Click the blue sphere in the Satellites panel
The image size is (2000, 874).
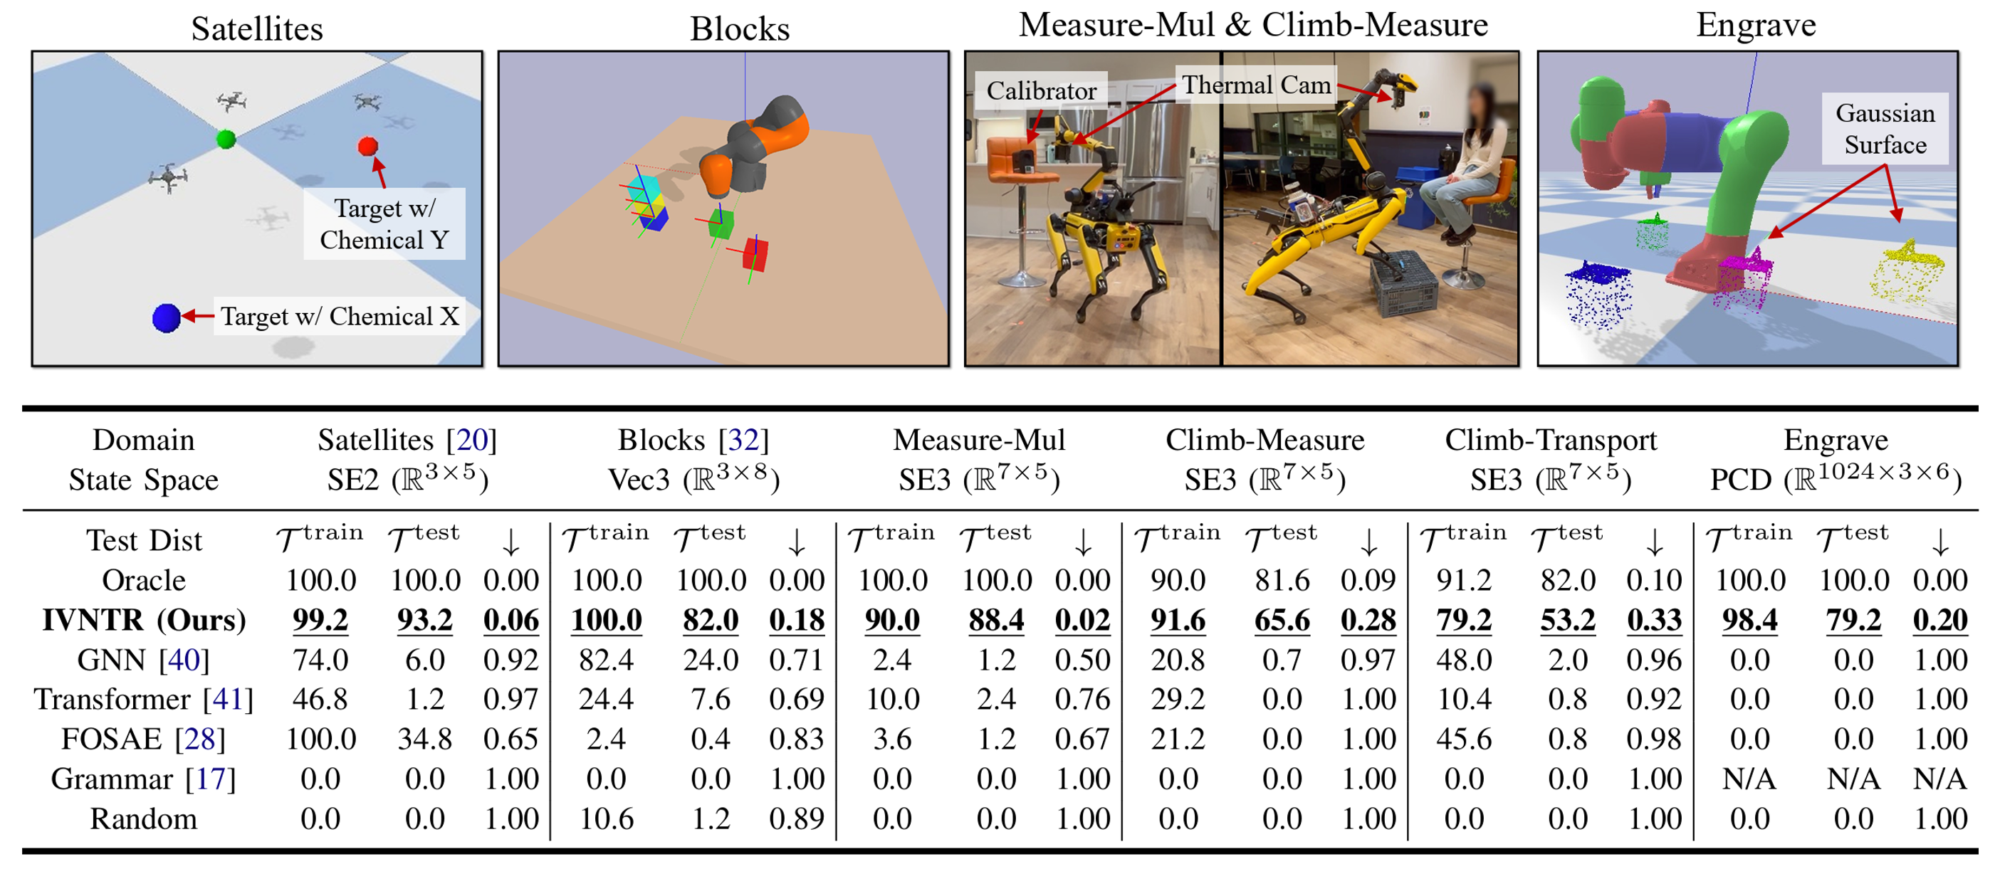[166, 317]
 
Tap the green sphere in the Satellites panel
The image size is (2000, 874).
[226, 139]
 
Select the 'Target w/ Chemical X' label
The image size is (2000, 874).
[340, 317]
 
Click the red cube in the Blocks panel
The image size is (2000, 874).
[755, 254]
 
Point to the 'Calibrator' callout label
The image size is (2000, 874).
[1040, 91]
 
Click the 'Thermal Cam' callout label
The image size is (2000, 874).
[1255, 85]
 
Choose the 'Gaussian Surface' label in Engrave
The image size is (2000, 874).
[1885, 129]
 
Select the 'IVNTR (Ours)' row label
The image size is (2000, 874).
[144, 620]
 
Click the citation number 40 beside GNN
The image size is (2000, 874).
[184, 660]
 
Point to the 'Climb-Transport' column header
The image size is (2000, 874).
[1551, 440]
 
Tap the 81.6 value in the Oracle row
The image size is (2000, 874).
[1282, 581]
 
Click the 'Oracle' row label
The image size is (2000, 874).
[144, 581]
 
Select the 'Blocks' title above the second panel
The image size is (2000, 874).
[739, 29]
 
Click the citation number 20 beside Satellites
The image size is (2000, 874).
[471, 440]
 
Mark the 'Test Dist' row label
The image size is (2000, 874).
[144, 540]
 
